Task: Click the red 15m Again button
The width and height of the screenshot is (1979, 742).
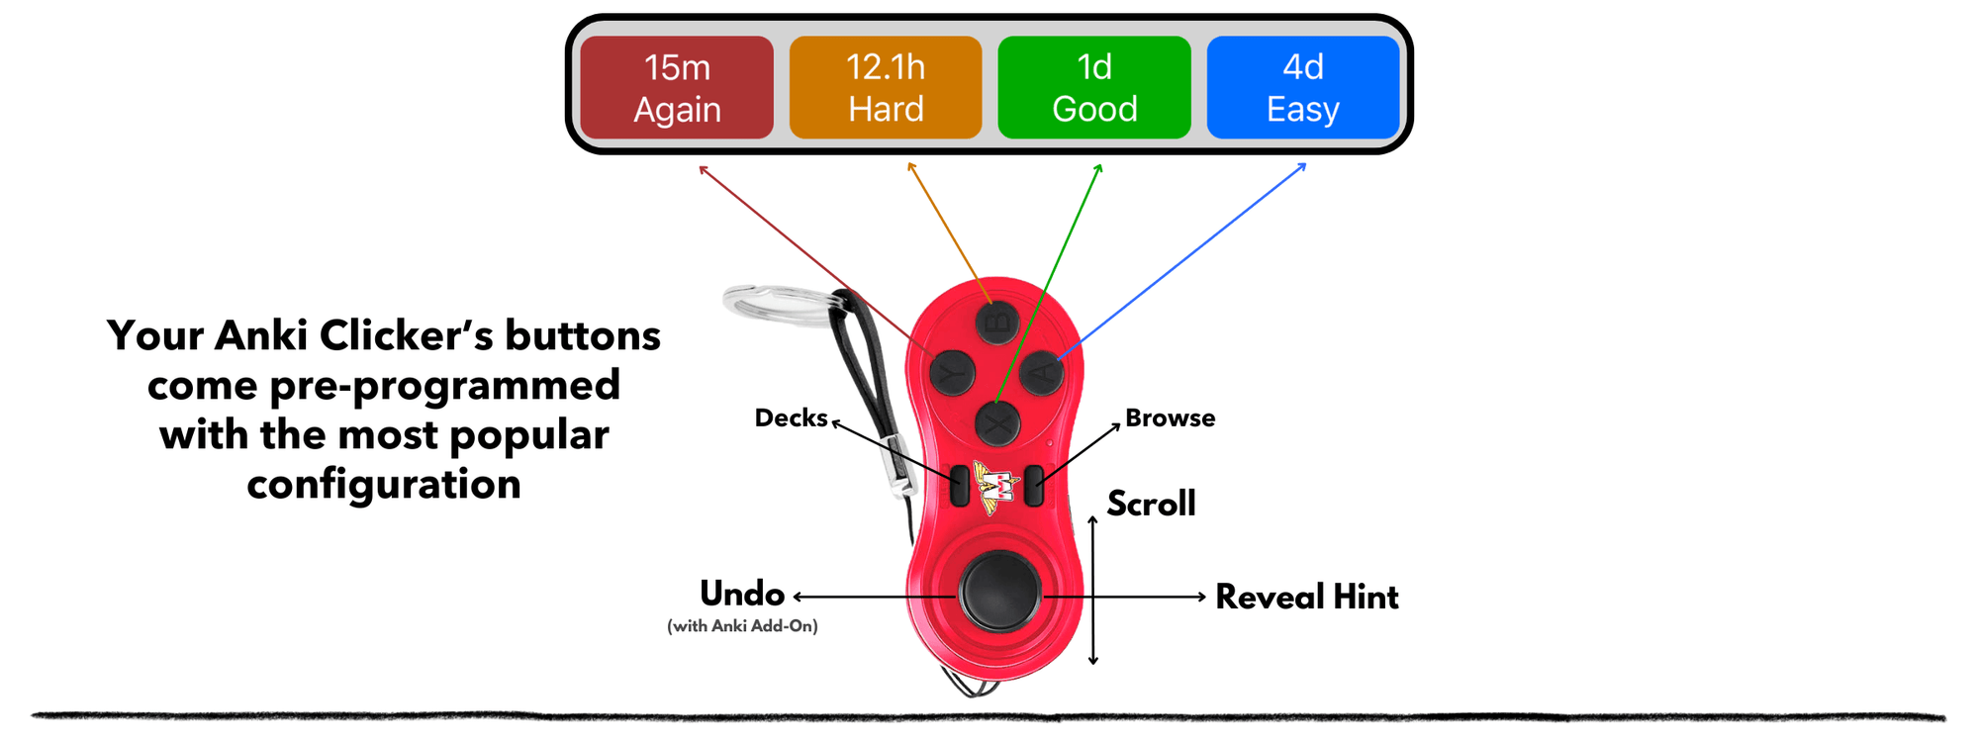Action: (677, 87)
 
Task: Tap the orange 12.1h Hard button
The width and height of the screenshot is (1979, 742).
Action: (886, 87)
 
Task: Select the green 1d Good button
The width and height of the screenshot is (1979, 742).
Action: (1094, 87)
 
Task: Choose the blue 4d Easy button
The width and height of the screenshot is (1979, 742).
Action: (1303, 87)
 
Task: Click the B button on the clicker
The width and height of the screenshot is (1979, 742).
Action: (997, 322)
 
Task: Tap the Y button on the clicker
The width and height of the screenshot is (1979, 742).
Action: (952, 373)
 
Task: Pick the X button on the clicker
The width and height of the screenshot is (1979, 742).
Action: (998, 425)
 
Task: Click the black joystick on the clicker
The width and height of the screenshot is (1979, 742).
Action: (999, 592)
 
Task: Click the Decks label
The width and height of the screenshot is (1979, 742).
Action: (791, 417)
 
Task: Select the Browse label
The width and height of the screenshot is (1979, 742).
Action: (1170, 417)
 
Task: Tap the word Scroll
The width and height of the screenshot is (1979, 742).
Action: (1151, 504)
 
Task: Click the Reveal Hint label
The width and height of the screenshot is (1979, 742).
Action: (1306, 597)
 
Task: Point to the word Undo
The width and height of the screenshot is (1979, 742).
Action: (742, 594)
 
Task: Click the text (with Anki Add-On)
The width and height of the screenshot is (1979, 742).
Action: (742, 626)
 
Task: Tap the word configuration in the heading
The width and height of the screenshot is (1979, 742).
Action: (384, 484)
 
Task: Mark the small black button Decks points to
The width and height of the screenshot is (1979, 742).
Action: (959, 486)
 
